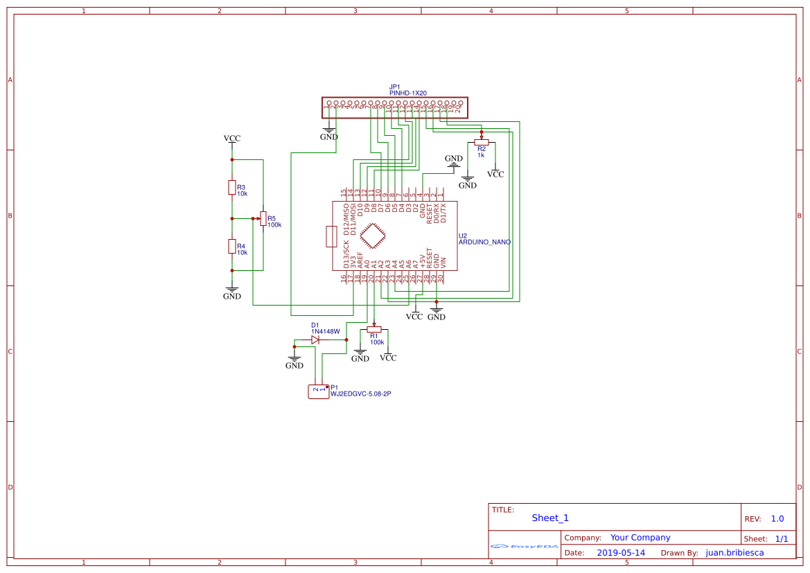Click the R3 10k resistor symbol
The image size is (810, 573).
pos(232,188)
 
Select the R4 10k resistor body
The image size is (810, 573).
pos(232,246)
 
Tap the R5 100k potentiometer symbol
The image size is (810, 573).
pos(263,218)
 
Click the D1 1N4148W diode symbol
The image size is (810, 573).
pos(315,340)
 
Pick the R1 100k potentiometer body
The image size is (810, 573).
pos(374,330)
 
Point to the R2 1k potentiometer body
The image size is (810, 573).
pos(481,141)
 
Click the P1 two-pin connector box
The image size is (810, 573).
pos(319,391)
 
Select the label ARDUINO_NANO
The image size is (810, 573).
pos(484,243)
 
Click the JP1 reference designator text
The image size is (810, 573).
pos(394,87)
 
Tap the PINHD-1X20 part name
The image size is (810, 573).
pos(408,93)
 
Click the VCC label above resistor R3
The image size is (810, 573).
pos(232,139)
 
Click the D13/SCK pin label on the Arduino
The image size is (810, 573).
pos(346,254)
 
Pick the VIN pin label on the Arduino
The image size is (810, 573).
pos(443,263)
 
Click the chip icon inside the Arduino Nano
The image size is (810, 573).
pos(373,236)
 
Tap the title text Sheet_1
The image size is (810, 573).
pos(550,518)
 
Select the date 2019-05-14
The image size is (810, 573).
pos(621,553)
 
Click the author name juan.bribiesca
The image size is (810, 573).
pos(734,553)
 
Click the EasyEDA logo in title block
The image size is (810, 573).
pos(525,546)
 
